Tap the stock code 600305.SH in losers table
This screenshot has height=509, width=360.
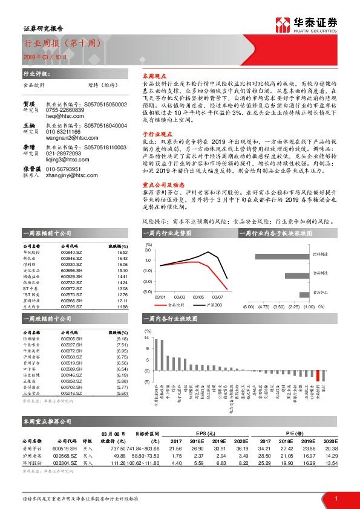(x=71, y=340)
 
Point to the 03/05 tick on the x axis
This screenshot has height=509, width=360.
(x=197, y=297)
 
